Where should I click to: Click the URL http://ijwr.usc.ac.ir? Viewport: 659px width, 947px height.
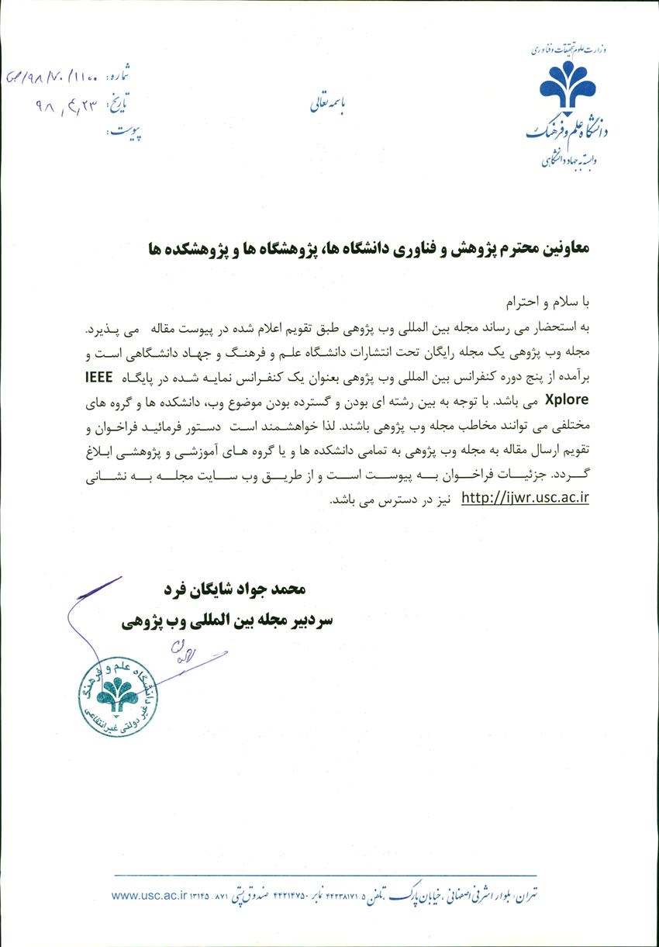(524, 498)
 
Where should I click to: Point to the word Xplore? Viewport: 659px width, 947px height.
(571, 401)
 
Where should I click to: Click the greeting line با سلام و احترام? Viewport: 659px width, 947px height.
(550, 299)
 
